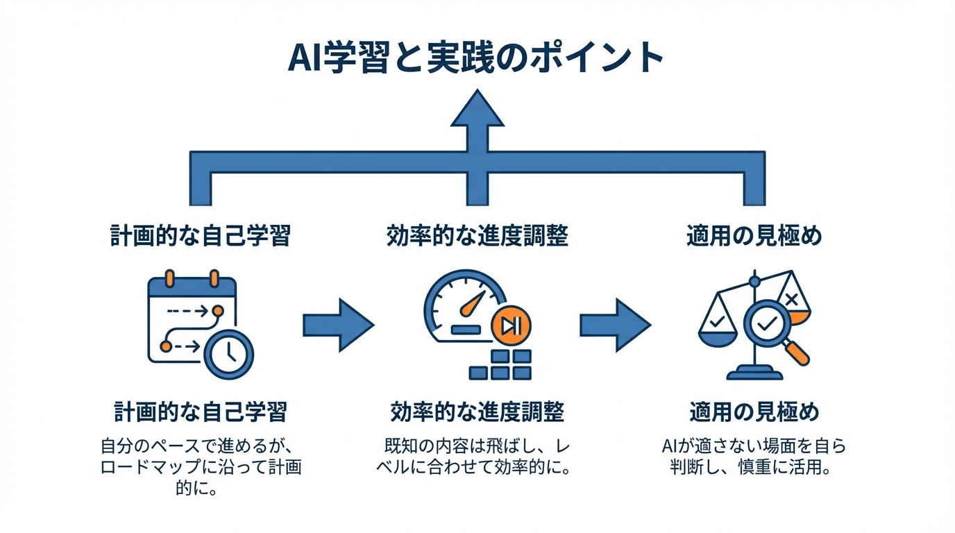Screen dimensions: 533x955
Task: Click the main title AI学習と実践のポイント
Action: [x=476, y=58]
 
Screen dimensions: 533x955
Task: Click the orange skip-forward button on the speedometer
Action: [x=511, y=325]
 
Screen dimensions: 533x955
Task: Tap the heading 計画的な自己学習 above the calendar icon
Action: [x=201, y=236]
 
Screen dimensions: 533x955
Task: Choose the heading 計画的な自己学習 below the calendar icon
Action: [x=201, y=412]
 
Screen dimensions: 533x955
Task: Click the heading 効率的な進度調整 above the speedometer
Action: [x=477, y=236]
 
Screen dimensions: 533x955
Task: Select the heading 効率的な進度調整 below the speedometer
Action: [x=477, y=412]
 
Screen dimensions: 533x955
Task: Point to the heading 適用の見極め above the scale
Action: [x=754, y=236]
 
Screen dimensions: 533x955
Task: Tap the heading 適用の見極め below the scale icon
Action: [x=754, y=412]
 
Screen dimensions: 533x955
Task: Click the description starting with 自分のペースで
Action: [x=201, y=466]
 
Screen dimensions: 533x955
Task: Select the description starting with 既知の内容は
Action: [x=477, y=456]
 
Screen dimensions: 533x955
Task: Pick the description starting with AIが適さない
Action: [x=754, y=456]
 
